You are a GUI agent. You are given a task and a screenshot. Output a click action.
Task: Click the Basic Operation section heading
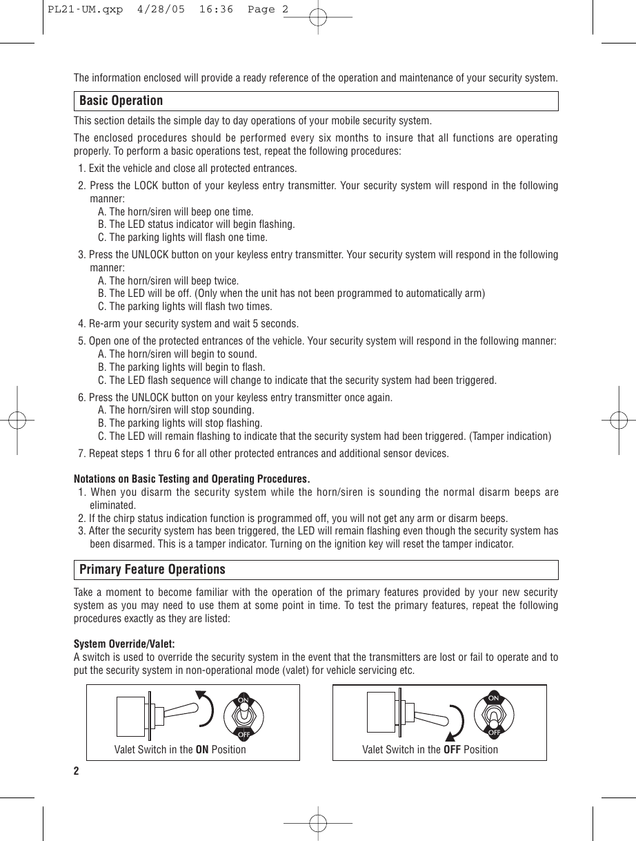click(x=121, y=101)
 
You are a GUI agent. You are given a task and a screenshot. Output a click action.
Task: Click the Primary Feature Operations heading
click(x=152, y=570)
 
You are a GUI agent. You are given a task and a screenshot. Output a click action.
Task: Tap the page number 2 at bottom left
click(x=77, y=771)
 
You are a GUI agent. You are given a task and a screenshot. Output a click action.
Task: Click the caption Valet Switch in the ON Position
click(x=180, y=749)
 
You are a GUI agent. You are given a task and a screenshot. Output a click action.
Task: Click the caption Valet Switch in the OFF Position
click(x=430, y=749)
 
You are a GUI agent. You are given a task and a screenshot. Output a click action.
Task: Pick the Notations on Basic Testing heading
click(x=191, y=479)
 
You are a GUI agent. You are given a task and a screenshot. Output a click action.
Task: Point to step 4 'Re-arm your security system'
click(x=189, y=324)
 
